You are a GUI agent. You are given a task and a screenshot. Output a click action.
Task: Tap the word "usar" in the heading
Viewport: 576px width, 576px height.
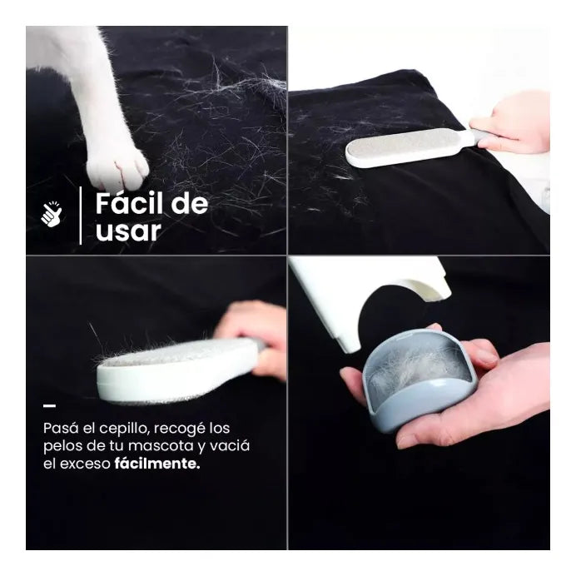(x=128, y=231)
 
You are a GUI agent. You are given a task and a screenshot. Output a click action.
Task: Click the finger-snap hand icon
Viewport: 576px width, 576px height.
(x=51, y=214)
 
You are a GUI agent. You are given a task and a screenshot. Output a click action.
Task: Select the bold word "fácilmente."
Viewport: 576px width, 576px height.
(x=157, y=464)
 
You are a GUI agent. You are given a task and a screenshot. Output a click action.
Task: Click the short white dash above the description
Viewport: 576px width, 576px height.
(x=50, y=406)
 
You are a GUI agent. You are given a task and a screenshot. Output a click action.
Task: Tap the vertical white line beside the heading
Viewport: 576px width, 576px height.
(x=81, y=216)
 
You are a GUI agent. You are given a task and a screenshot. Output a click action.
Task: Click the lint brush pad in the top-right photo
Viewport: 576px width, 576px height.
(x=410, y=147)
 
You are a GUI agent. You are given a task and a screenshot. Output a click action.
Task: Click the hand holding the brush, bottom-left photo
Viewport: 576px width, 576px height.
(x=254, y=338)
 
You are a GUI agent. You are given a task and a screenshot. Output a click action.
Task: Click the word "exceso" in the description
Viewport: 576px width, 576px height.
(x=85, y=464)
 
